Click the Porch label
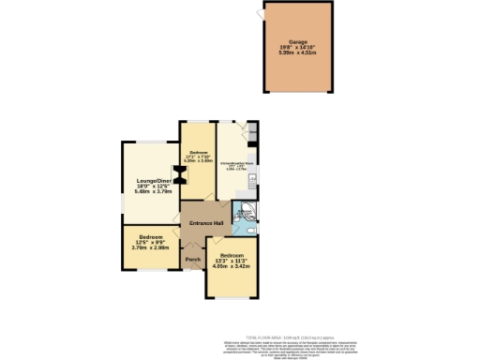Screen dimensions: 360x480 (192, 260)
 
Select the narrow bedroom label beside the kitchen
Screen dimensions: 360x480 (198, 155)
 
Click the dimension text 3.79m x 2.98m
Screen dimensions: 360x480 (151, 248)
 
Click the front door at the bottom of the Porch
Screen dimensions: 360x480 (192, 270)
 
